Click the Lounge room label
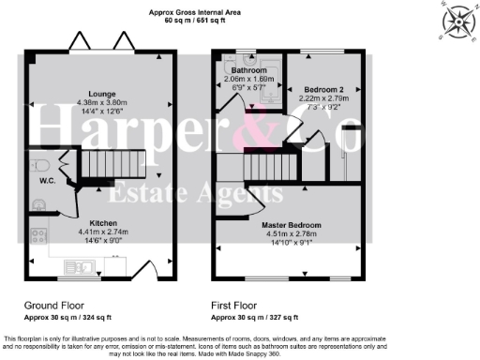102,94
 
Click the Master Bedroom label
292,225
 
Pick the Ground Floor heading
53,306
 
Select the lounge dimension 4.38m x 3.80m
102,103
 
